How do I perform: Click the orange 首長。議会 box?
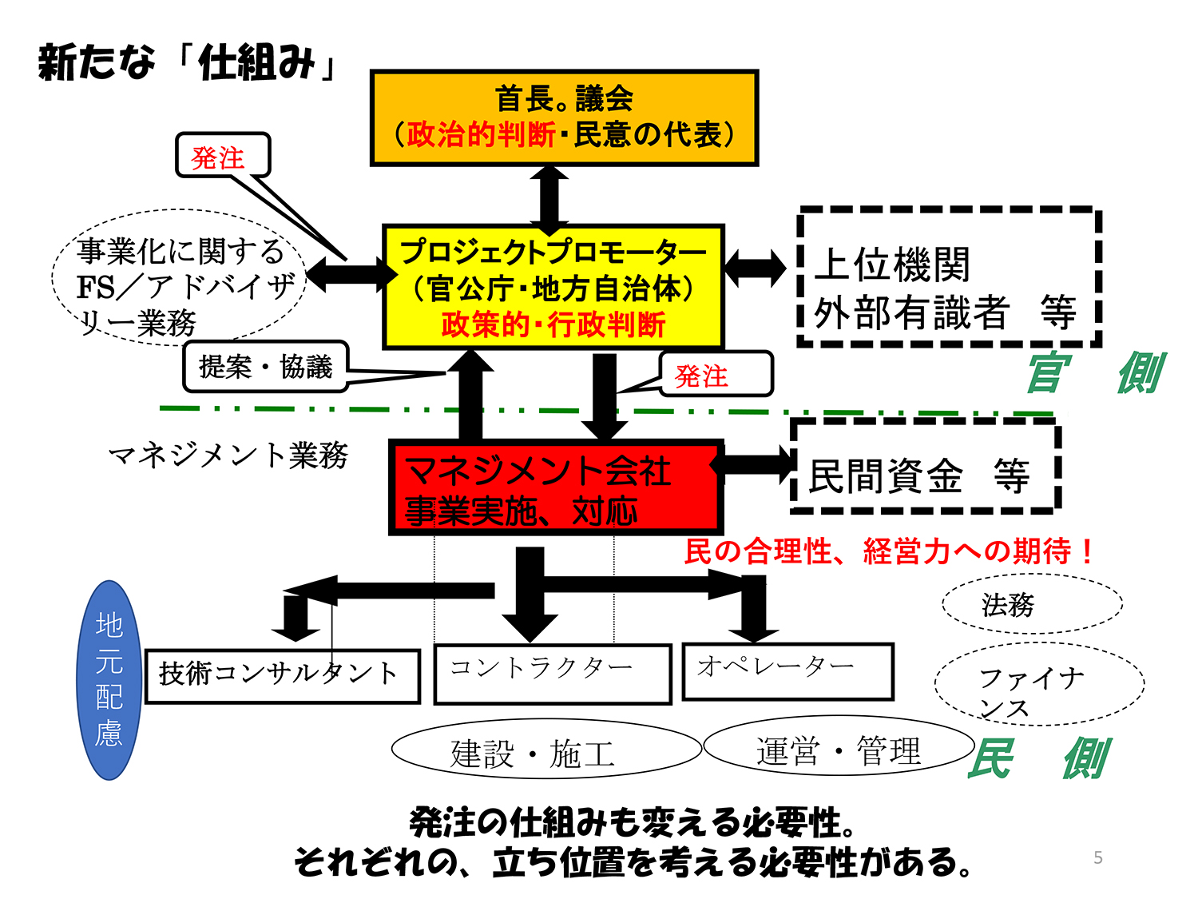tap(564, 117)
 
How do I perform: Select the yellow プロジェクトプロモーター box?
tap(553, 287)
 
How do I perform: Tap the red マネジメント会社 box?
tap(555, 487)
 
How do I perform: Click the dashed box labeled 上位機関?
tap(949, 277)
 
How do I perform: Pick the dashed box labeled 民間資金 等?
tap(925, 466)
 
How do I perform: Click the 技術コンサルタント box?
tap(282, 676)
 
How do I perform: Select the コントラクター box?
tap(552, 674)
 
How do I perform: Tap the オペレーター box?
tap(787, 670)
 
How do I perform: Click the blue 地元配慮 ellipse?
tap(110, 680)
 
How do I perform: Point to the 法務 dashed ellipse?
tap(1032, 604)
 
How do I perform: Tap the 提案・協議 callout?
tap(265, 367)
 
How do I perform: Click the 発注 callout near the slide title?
tap(223, 155)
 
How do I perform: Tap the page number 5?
tap(1098, 857)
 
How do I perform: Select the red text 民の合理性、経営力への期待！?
tap(888, 551)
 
